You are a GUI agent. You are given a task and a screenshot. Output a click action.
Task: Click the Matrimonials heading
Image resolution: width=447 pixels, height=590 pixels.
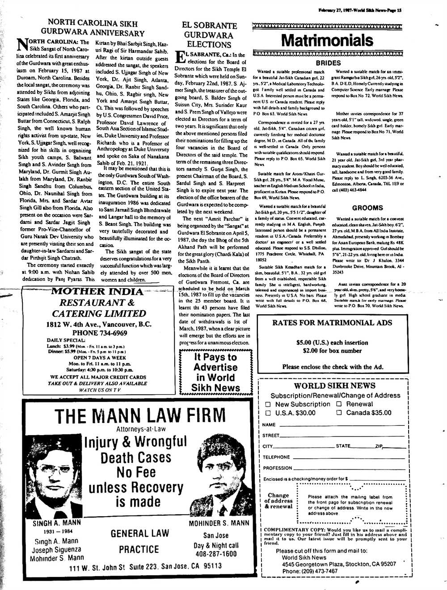pos(328,41)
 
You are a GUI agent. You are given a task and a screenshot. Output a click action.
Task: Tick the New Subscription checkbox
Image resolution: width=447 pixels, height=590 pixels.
pos(268,404)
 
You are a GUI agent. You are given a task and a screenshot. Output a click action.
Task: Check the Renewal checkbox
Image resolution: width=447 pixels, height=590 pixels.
pos(339,404)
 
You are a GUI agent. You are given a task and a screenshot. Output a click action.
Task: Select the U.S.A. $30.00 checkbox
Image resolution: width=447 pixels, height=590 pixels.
pos(268,413)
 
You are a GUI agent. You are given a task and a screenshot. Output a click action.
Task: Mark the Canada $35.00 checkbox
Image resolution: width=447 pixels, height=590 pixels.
pos(339,413)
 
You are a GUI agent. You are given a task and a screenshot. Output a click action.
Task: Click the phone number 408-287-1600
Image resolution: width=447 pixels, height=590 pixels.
pos(216,554)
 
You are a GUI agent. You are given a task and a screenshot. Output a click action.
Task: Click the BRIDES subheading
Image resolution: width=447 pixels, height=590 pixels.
pos(328,63)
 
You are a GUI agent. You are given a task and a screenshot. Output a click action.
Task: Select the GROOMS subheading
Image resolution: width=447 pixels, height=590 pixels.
pos(367,208)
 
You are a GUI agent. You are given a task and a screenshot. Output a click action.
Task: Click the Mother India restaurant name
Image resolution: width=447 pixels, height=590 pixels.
pos(97,292)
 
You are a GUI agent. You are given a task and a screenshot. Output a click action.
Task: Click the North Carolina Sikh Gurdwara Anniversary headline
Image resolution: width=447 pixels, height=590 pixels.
pos(93,27)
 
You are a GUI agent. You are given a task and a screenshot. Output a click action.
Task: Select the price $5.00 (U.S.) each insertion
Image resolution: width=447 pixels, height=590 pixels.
pos(332,342)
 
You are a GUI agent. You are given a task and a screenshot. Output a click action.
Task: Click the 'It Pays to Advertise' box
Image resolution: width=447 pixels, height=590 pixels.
pos(215,372)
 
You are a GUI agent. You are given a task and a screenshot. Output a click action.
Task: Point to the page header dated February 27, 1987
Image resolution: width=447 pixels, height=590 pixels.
pos(360,10)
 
